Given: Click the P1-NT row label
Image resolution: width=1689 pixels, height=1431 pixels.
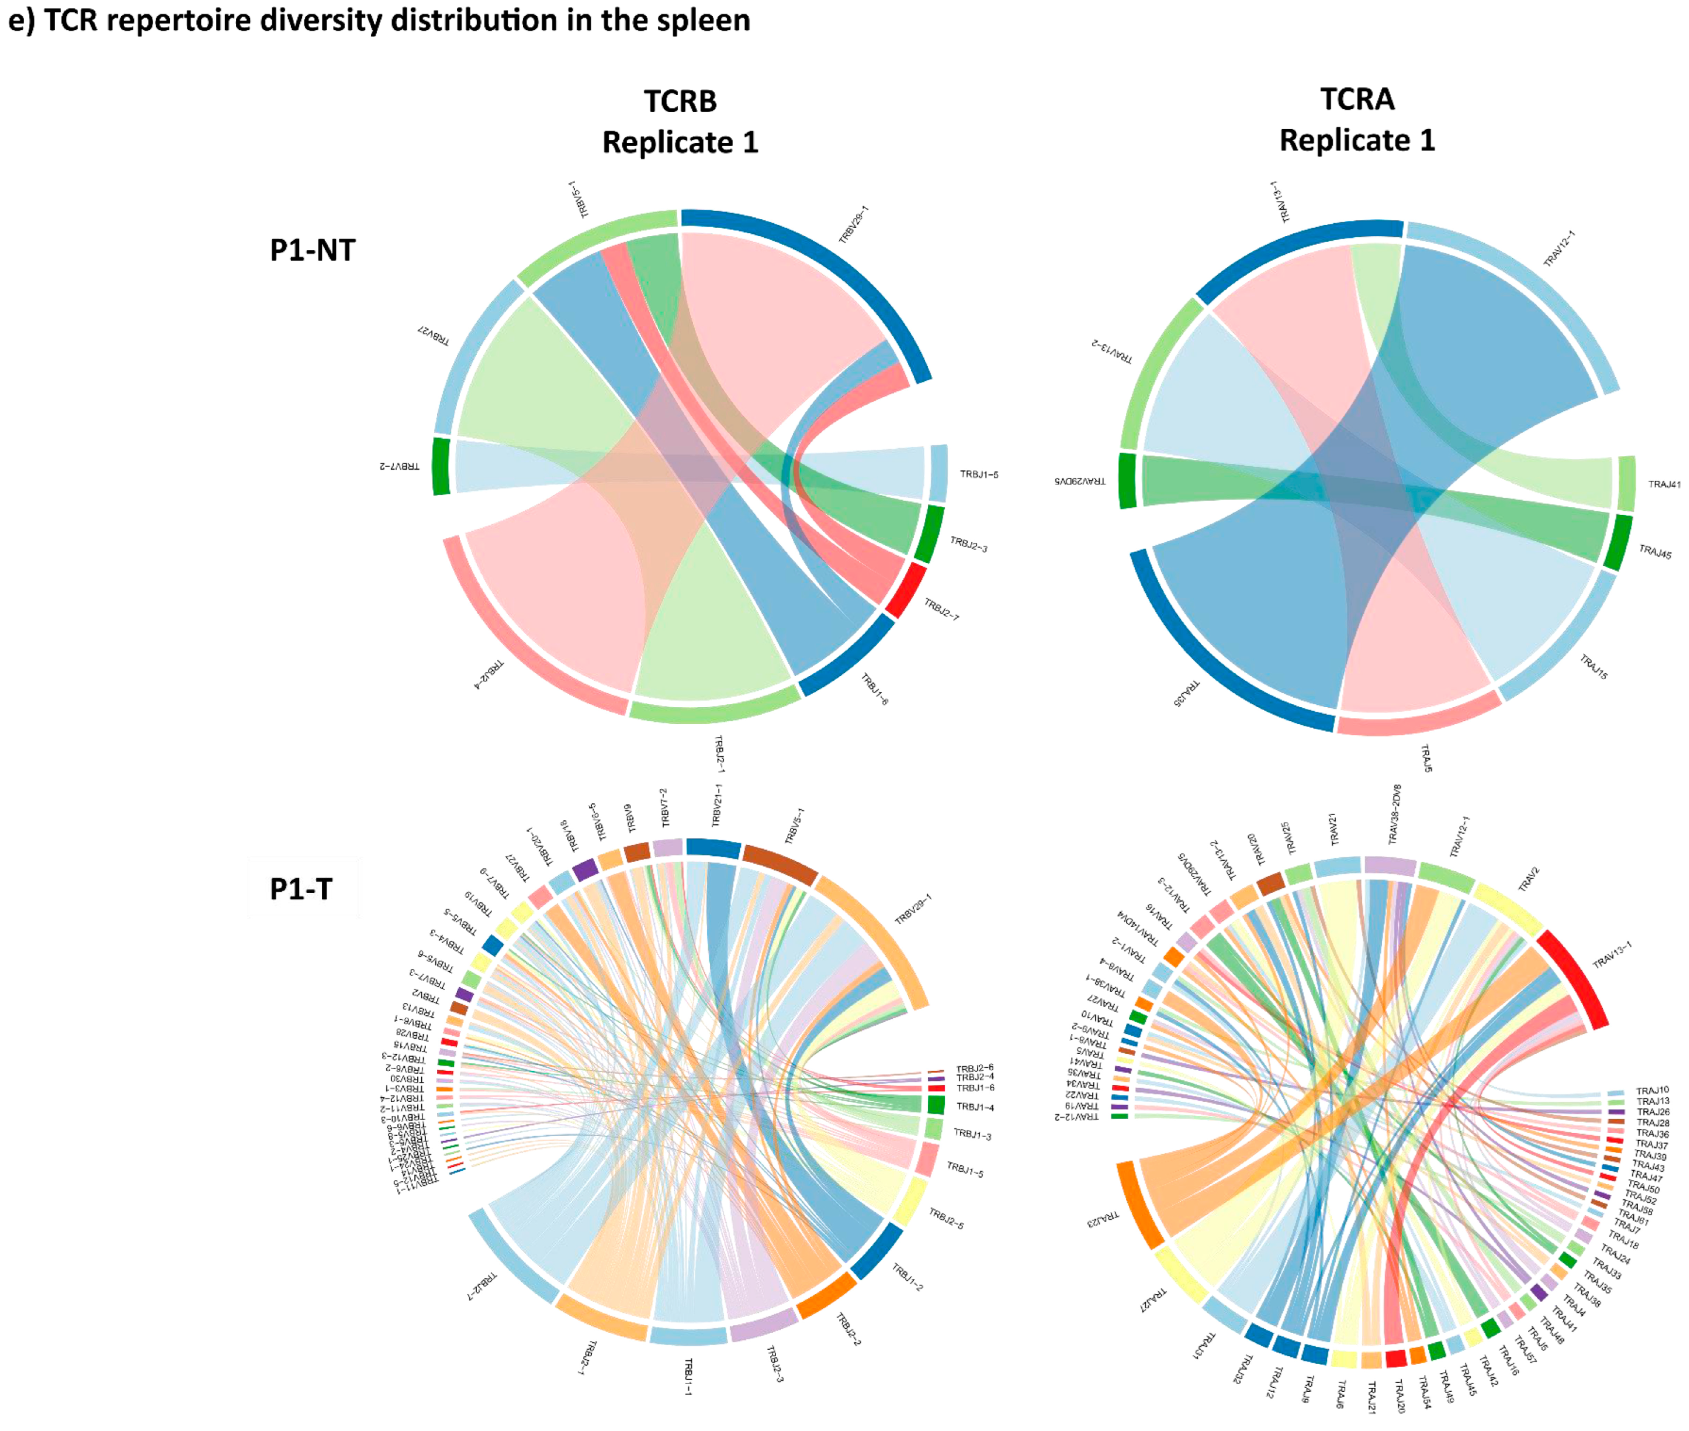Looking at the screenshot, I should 312,250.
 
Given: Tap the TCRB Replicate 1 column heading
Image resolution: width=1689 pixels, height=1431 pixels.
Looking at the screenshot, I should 680,122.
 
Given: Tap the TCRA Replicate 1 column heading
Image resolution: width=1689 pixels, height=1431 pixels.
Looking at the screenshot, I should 1356,119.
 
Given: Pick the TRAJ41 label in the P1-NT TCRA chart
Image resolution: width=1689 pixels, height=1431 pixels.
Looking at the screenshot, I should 1663,484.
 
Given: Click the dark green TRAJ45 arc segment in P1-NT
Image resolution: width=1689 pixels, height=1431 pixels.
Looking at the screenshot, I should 1618,543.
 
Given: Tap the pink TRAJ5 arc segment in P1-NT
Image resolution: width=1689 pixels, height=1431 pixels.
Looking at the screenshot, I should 1419,715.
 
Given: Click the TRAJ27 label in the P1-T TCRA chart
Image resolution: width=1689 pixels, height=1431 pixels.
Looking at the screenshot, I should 1153,1300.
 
